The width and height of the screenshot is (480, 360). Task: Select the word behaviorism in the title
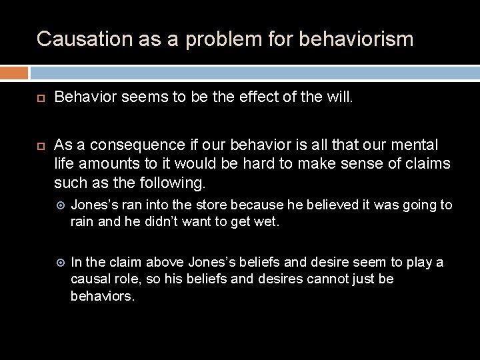click(357, 38)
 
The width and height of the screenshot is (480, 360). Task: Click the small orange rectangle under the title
click(14, 73)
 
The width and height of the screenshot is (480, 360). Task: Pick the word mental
click(415, 145)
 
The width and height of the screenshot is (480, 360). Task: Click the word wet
click(265, 221)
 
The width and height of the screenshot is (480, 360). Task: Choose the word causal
click(91, 279)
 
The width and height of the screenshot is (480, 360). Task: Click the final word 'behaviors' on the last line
click(102, 296)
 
